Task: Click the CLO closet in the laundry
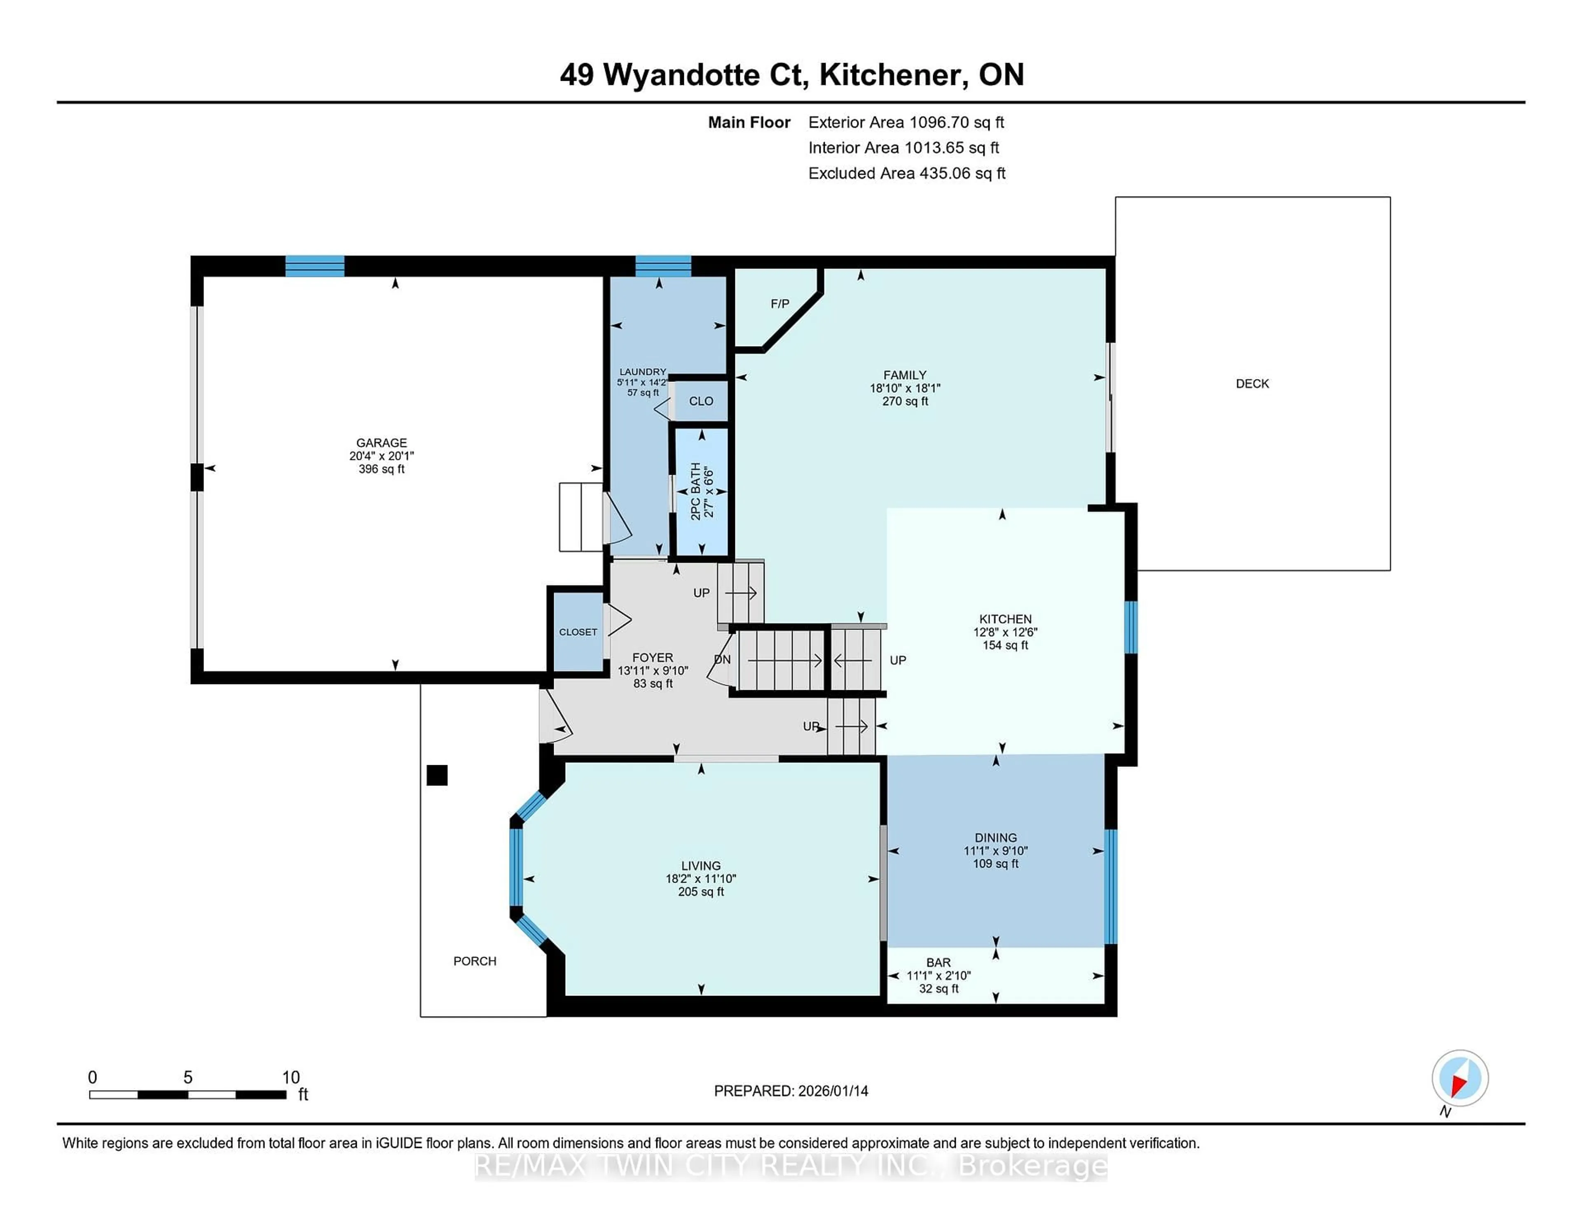[700, 401]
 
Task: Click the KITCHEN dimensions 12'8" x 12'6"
[1005, 632]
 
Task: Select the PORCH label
[475, 961]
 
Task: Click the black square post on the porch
[437, 775]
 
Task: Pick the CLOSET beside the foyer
[578, 632]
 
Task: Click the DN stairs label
[722, 659]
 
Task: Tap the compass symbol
[1460, 1078]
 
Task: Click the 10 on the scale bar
[290, 1078]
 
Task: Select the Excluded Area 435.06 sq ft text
[906, 173]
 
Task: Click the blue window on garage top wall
[314, 266]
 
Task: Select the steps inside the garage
[581, 517]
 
